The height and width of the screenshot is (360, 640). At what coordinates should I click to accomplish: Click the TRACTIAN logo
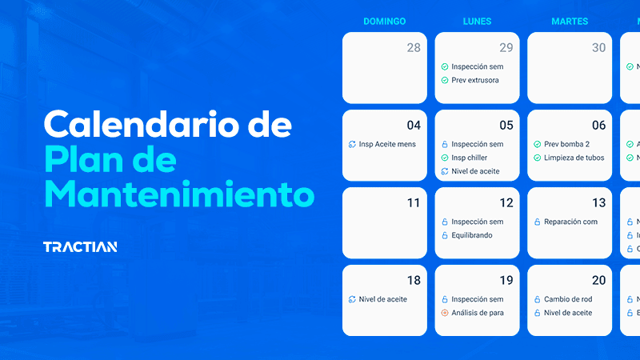80,246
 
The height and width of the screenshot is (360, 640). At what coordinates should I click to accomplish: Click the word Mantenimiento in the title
179,194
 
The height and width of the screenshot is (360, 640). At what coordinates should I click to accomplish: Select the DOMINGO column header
385,22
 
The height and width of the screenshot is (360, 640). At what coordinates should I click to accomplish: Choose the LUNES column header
477,22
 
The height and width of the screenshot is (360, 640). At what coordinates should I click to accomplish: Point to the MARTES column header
570,22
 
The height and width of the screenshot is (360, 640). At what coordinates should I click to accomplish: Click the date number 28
414,48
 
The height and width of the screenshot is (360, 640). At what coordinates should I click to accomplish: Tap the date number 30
598,48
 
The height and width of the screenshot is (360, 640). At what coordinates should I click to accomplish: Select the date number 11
414,203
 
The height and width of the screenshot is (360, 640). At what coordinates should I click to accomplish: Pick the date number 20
598,281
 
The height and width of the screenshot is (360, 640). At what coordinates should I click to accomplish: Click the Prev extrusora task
475,80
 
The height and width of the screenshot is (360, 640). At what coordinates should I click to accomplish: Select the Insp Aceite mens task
388,144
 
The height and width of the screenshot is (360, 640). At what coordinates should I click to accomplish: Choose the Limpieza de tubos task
574,158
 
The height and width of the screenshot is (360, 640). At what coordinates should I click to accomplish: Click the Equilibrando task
472,235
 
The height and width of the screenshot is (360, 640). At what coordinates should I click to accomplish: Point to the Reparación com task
570,222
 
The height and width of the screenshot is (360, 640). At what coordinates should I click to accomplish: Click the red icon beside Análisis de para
445,313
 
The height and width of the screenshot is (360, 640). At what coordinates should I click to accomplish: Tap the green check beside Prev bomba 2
538,144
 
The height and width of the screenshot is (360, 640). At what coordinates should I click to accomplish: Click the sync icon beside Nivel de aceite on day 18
352,299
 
